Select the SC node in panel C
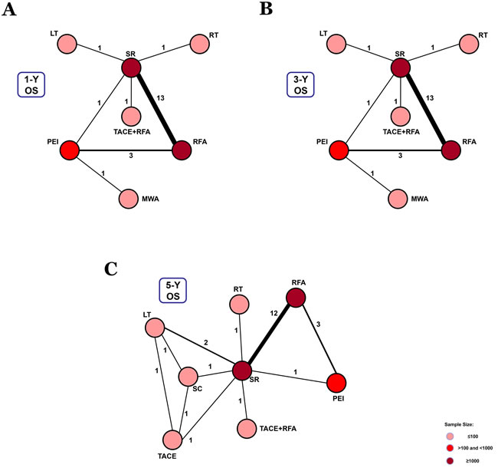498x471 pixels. click(x=188, y=377)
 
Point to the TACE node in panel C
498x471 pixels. click(x=171, y=440)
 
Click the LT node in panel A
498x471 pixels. click(x=67, y=44)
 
